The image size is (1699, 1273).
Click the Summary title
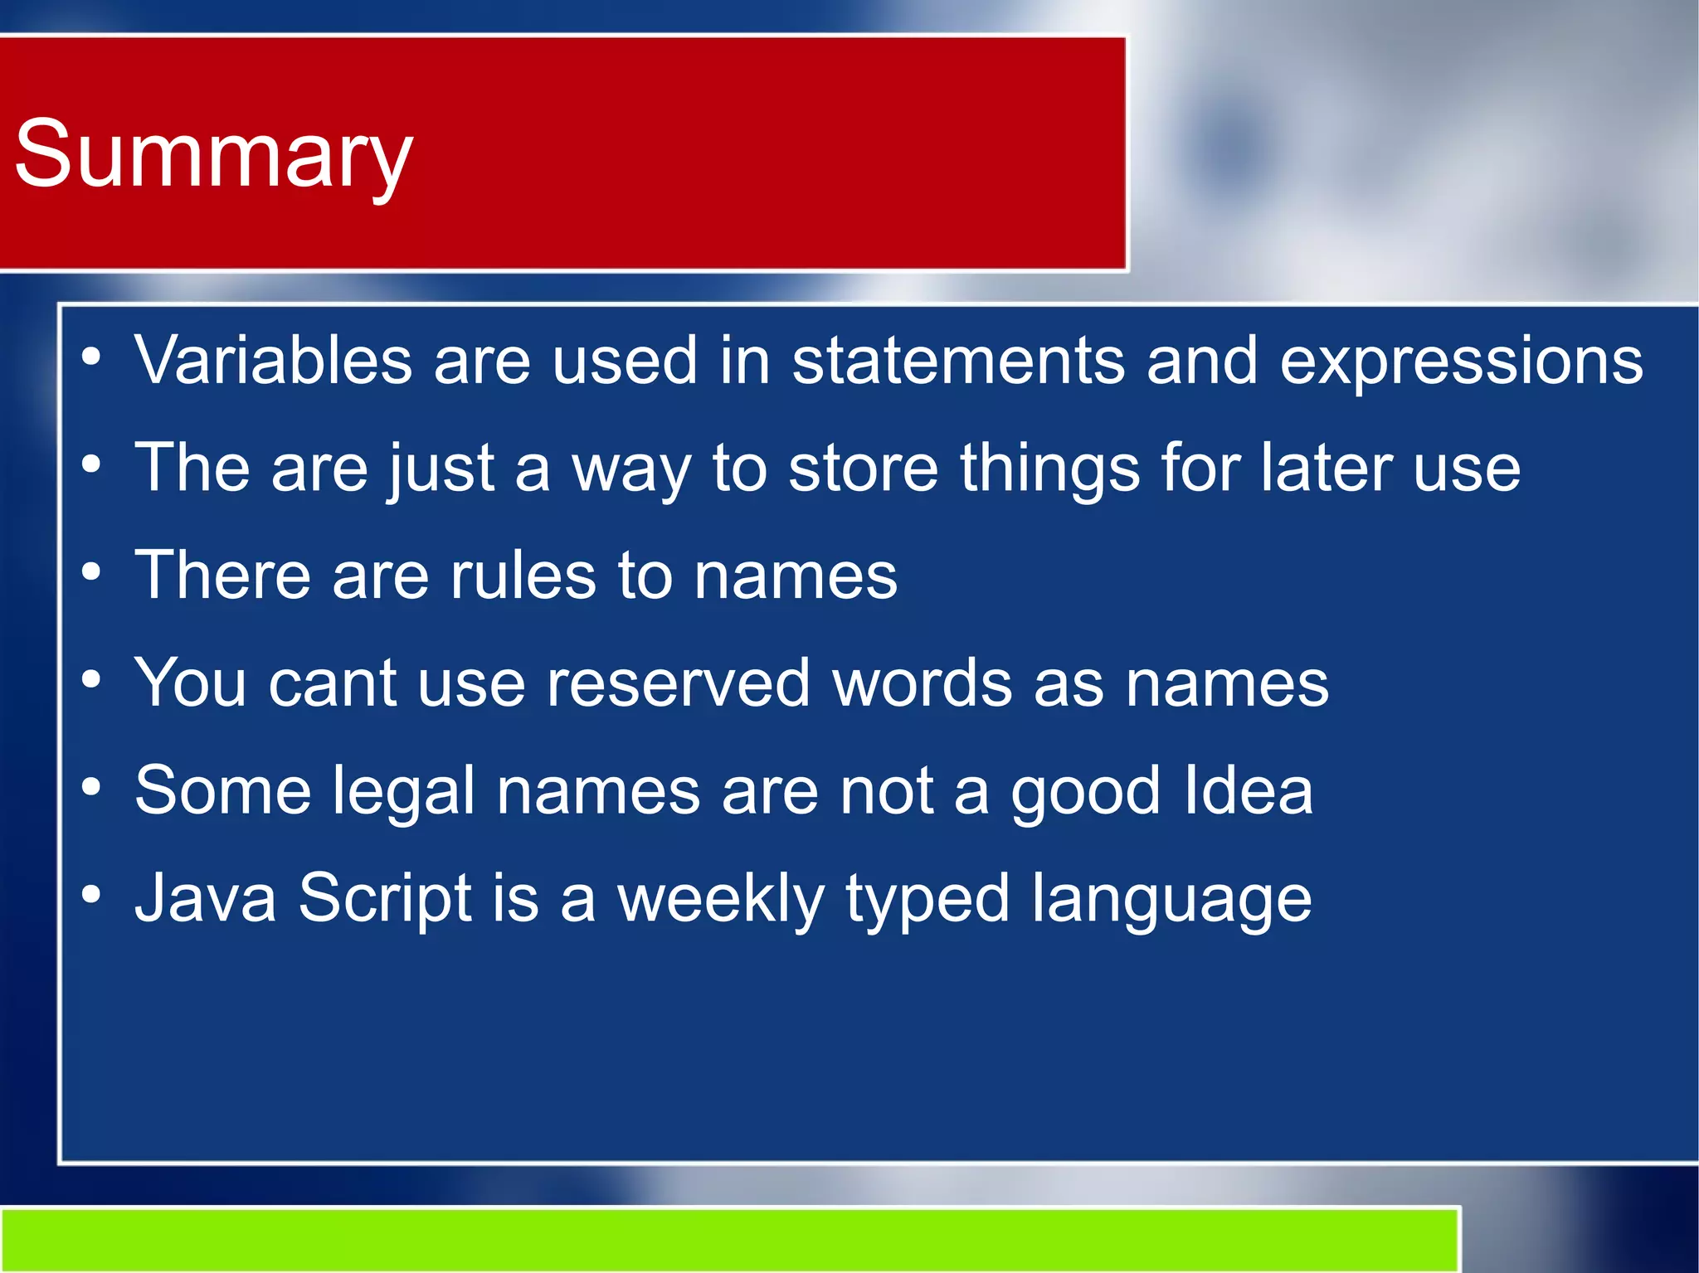(x=213, y=154)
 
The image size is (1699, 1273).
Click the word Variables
(x=273, y=361)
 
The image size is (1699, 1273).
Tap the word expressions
(x=1461, y=362)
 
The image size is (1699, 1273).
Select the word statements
(x=957, y=361)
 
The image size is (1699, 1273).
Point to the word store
(x=863, y=469)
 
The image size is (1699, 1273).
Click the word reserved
(x=678, y=683)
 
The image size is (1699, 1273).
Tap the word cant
(x=332, y=683)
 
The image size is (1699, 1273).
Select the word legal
(x=403, y=791)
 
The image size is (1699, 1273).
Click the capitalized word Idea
(x=1248, y=791)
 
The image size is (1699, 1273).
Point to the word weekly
(x=720, y=899)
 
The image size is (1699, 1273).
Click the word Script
(x=385, y=899)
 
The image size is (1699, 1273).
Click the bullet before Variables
(x=91, y=358)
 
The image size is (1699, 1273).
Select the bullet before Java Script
(x=91, y=896)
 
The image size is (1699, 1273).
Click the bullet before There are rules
(x=91, y=573)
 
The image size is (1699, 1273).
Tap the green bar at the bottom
(x=730, y=1239)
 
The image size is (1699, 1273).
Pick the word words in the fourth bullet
(x=922, y=683)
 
